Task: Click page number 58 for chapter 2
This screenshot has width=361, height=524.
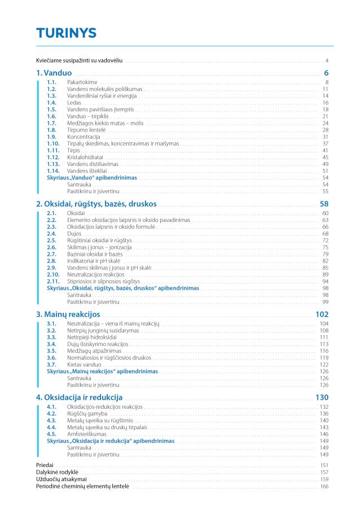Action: tap(324, 203)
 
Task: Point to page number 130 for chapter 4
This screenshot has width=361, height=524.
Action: tap(322, 397)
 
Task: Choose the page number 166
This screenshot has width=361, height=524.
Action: tap(324, 486)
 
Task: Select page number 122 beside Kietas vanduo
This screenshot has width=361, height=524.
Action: tap(324, 365)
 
